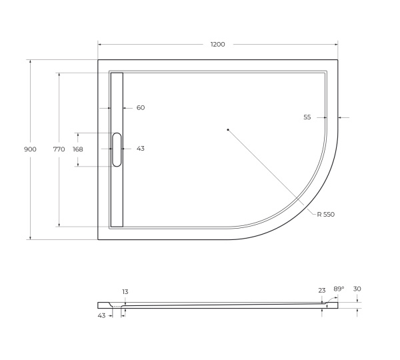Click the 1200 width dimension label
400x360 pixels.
[x=217, y=45]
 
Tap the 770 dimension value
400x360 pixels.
[x=59, y=149]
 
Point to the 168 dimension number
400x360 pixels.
[x=78, y=149]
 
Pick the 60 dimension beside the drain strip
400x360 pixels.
[x=140, y=107]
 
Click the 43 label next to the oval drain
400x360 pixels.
[x=140, y=149]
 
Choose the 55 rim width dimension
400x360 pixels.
[x=307, y=117]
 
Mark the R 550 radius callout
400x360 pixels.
[x=325, y=214]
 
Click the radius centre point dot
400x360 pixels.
[x=227, y=129]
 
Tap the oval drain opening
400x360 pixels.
[x=117, y=149]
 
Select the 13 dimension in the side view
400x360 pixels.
[x=125, y=292]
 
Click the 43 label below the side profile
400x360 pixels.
[x=101, y=315]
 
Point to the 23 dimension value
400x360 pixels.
[x=322, y=290]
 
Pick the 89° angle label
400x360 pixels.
[x=339, y=289]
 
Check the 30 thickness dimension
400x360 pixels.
[x=357, y=289]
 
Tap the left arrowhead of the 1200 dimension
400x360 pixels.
[x=100, y=45]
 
